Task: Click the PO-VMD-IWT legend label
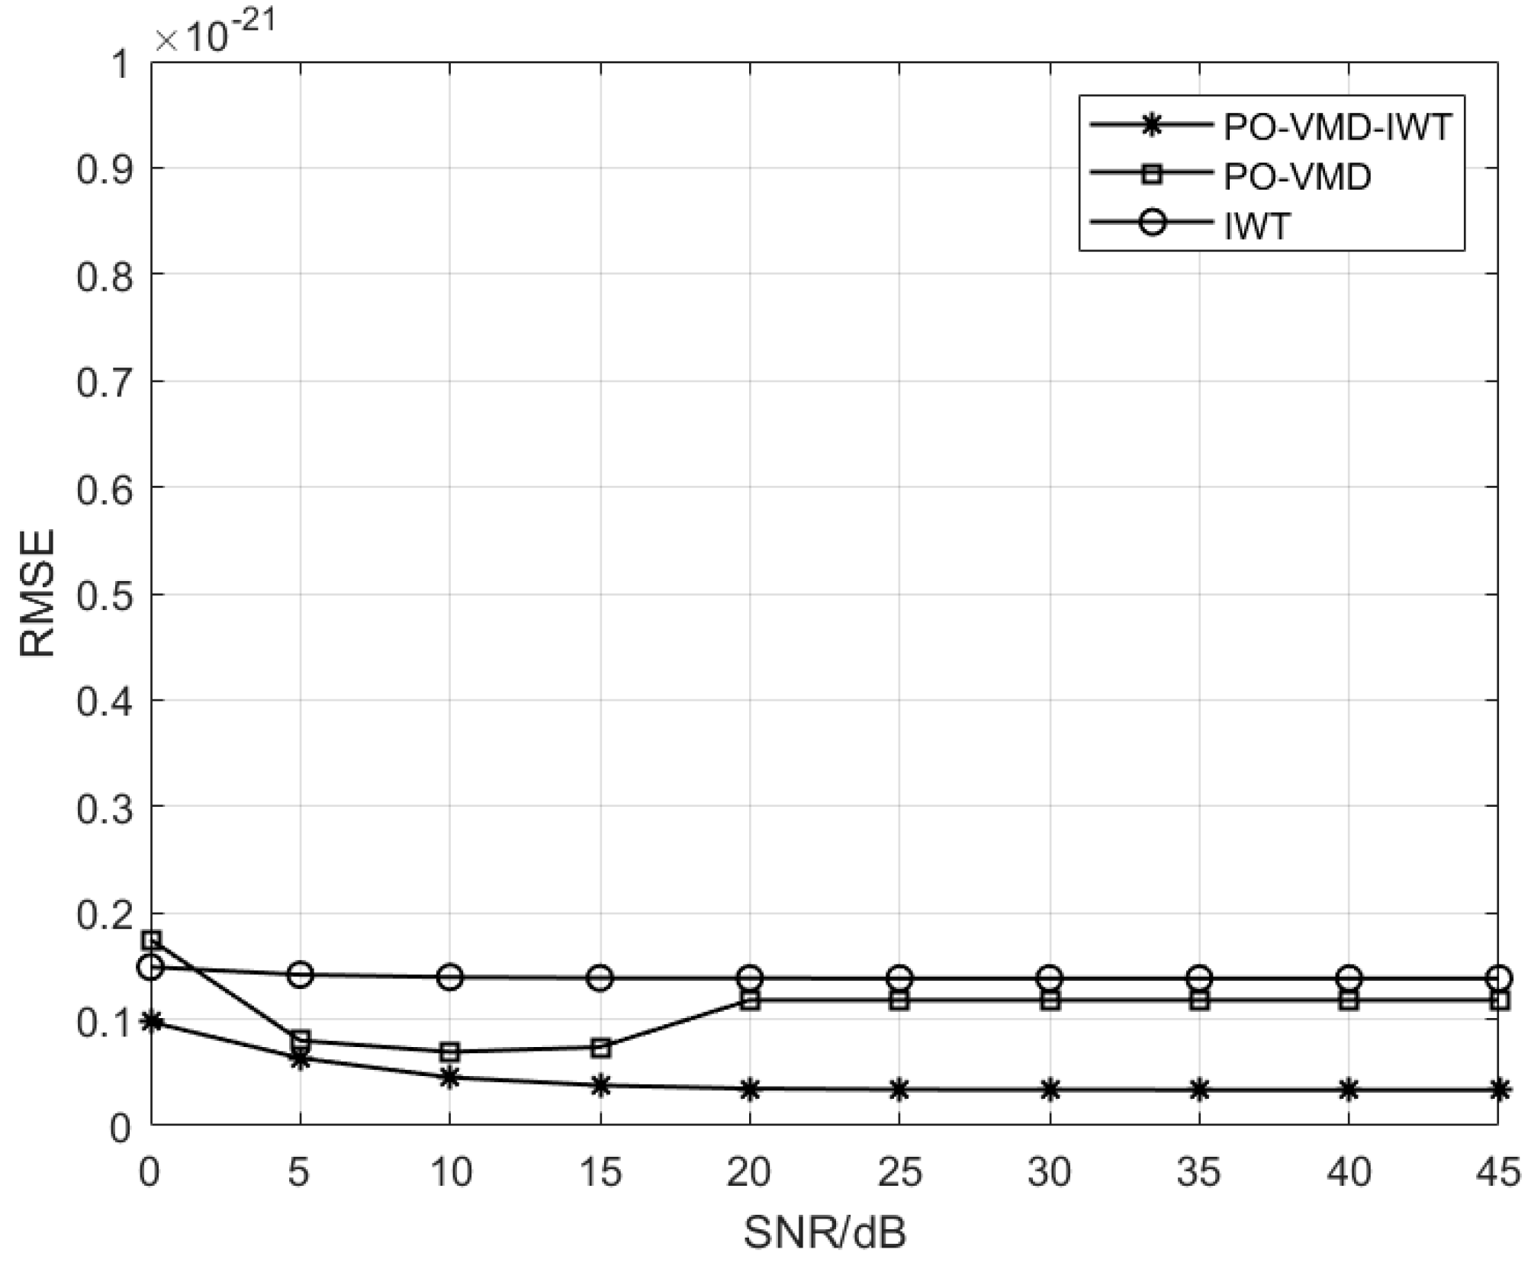point(1337,127)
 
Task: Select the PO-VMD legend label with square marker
point(1297,176)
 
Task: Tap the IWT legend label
point(1256,226)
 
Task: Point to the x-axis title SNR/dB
point(825,1233)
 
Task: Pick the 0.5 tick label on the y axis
point(104,594)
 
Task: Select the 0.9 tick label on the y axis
point(104,169)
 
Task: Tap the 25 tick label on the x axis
point(900,1172)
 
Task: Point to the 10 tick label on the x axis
point(450,1172)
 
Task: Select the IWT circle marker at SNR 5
point(301,974)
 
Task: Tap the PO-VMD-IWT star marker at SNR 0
point(152,1021)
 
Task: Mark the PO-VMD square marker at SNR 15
point(600,1048)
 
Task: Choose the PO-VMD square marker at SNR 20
point(750,1001)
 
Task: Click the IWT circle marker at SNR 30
point(1050,978)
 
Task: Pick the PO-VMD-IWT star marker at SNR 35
point(1199,1090)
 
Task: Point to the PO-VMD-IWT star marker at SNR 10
point(450,1078)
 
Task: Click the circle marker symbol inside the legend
point(1152,224)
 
